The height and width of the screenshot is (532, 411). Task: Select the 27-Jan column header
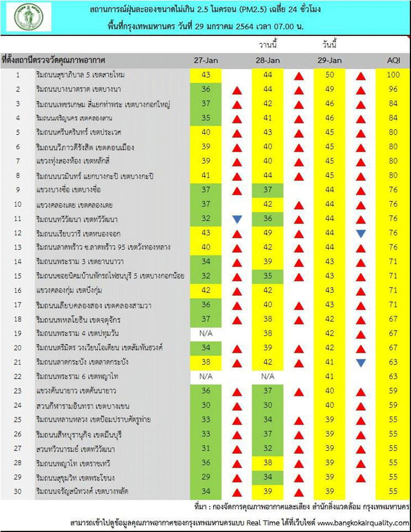pyautogui.click(x=206, y=60)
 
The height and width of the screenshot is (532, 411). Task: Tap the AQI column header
pyautogui.click(x=393, y=60)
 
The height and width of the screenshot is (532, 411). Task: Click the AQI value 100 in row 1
pyautogui.click(x=393, y=75)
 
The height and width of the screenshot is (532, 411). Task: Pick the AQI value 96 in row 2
pyautogui.click(x=393, y=89)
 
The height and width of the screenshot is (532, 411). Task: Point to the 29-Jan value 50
pyautogui.click(x=330, y=75)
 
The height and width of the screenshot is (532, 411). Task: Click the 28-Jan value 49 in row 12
pyautogui.click(x=268, y=233)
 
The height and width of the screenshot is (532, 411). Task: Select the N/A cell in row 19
pyautogui.click(x=206, y=334)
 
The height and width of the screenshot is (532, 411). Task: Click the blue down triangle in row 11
pyautogui.click(x=237, y=219)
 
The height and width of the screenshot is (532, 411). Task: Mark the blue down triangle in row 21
pyautogui.click(x=361, y=362)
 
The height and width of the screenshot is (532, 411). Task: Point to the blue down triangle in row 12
pyautogui.click(x=361, y=233)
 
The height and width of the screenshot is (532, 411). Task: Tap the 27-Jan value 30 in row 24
pyautogui.click(x=206, y=406)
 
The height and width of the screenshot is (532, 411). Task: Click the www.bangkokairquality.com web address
pyautogui.click(x=363, y=522)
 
